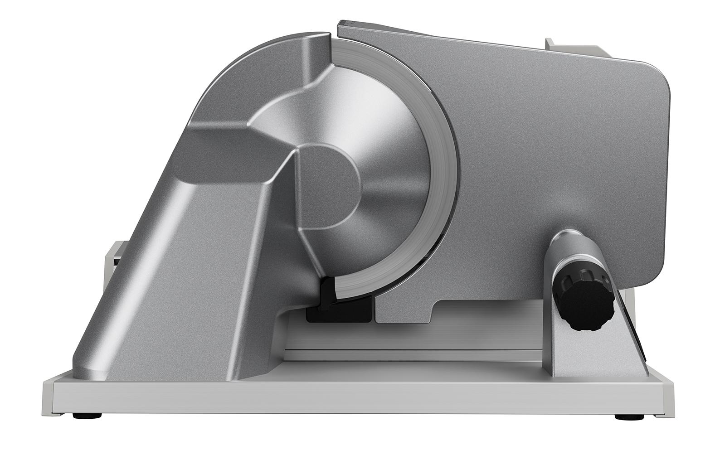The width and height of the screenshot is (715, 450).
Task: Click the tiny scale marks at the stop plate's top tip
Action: coord(346,21)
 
